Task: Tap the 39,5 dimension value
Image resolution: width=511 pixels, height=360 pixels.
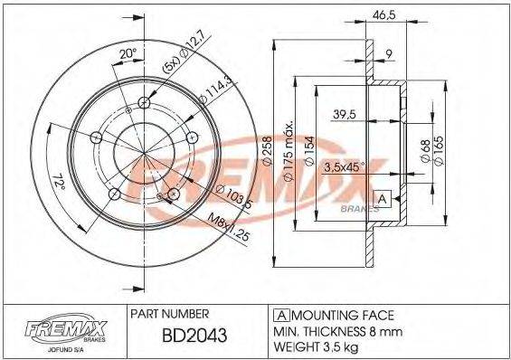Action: click(x=342, y=115)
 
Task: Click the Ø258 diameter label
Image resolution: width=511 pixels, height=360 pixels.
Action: click(x=268, y=150)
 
